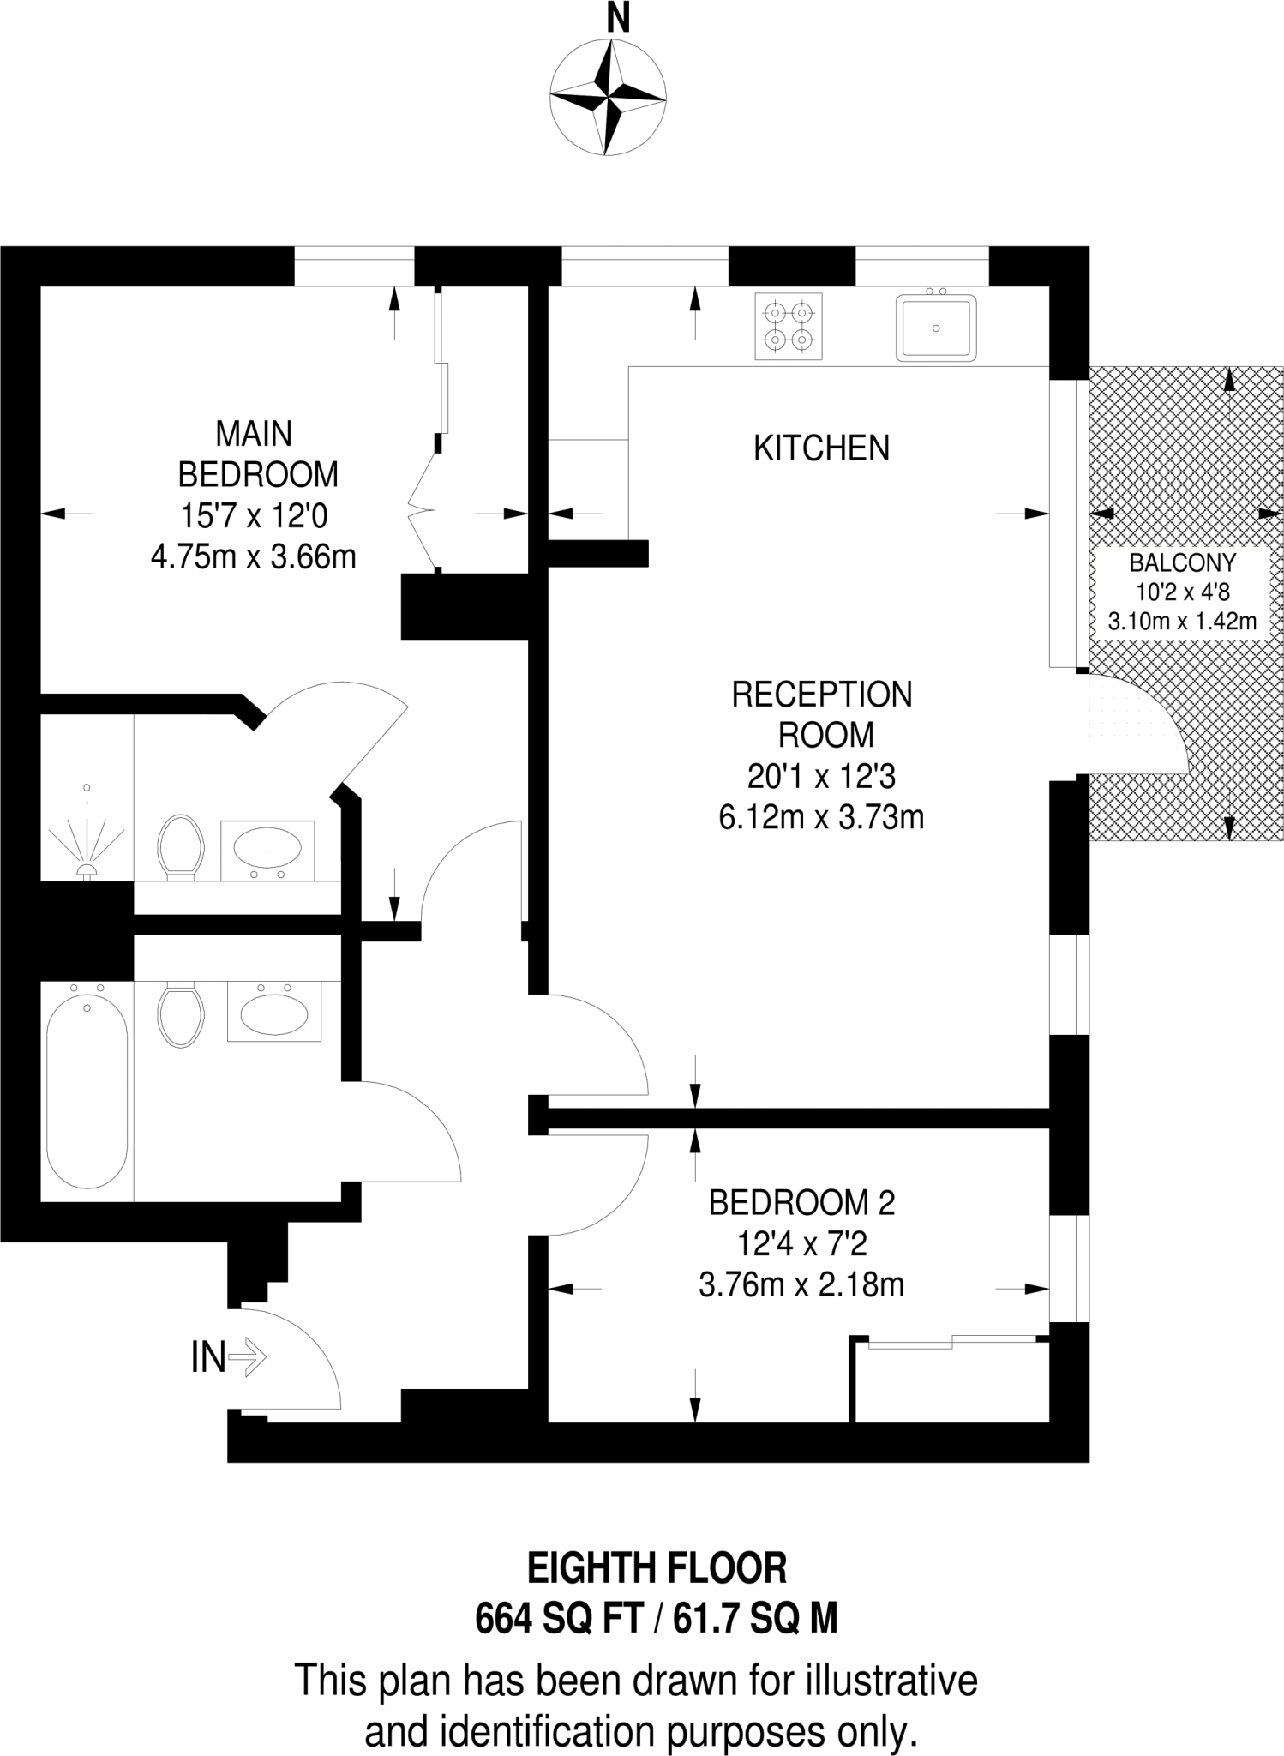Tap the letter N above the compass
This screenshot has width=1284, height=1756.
[617, 18]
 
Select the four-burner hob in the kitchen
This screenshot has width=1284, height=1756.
[788, 327]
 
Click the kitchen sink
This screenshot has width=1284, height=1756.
[936, 328]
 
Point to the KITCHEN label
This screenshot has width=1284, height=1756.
[821, 448]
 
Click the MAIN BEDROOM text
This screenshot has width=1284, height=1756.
[255, 454]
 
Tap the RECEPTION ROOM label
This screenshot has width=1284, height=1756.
[822, 714]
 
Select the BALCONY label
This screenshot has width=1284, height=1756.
[1182, 563]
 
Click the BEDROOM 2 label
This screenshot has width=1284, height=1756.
[801, 1203]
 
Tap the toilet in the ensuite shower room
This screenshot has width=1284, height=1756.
[181, 847]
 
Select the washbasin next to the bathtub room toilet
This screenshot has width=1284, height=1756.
[273, 1014]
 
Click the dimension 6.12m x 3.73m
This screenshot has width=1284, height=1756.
[820, 817]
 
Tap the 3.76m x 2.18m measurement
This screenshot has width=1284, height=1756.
[801, 1285]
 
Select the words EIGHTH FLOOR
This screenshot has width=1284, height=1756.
[657, 1568]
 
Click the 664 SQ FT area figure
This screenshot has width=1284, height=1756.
[558, 1619]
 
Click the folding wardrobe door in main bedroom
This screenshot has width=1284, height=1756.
[423, 512]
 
